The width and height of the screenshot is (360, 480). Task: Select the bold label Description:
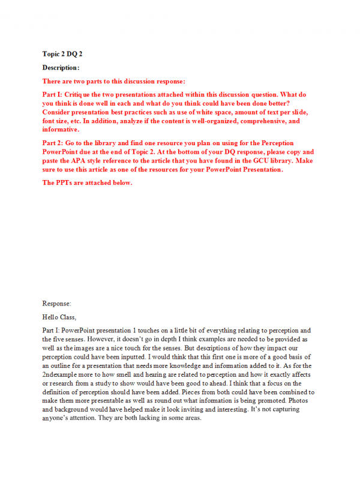(x=61, y=67)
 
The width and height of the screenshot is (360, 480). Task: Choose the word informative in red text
(x=60, y=129)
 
